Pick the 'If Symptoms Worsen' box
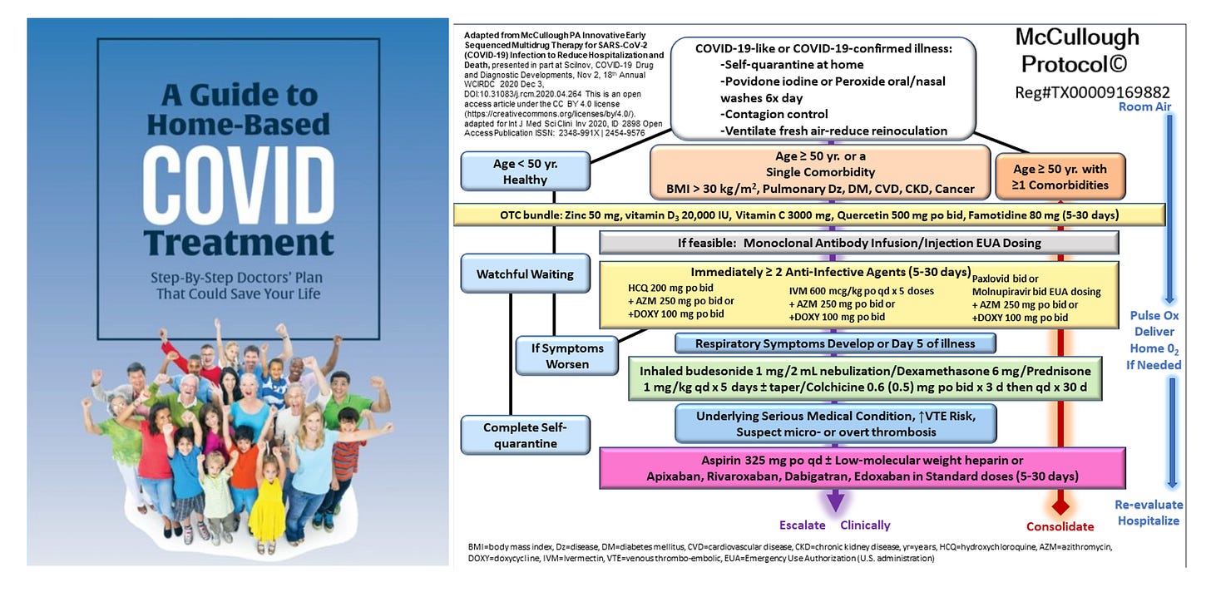click(566, 355)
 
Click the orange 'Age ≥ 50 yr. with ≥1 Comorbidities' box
click(1060, 177)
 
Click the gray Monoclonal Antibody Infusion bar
click(858, 243)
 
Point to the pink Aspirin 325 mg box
click(863, 468)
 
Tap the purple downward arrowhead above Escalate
click(833, 501)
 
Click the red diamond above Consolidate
click(1059, 505)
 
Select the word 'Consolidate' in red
click(1059, 526)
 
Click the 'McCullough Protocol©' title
click(1077, 50)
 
